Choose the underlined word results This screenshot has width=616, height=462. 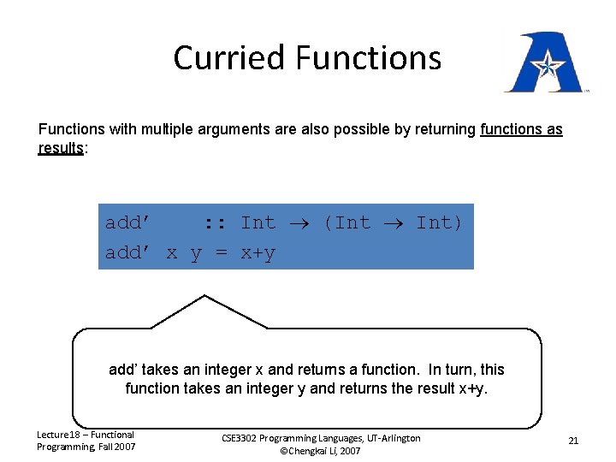61,148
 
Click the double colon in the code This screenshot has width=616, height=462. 214,223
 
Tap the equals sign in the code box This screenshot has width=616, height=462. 221,253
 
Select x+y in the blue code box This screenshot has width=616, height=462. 258,253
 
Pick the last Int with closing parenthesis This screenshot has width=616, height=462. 439,223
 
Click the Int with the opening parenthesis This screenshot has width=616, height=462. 346,223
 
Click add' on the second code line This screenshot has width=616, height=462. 128,253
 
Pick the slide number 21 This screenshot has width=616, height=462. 573,441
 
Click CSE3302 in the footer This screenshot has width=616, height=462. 245,438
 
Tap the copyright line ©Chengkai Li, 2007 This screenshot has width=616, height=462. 321,451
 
